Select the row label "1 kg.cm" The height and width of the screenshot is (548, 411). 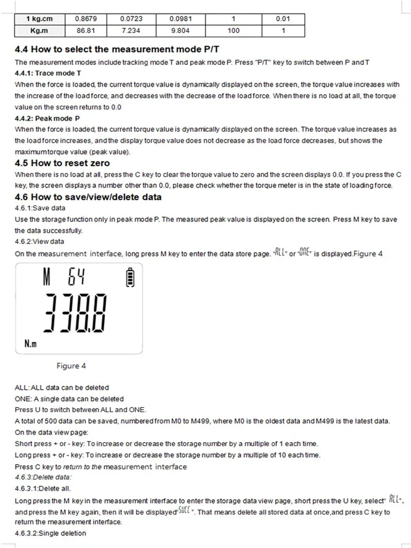coord(39,19)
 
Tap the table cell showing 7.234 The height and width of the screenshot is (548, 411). coord(131,30)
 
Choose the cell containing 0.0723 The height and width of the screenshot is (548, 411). coord(131,19)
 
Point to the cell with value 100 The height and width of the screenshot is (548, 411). coord(233,30)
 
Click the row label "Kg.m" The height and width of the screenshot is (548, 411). coord(39,30)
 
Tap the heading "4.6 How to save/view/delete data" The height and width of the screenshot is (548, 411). coord(88,197)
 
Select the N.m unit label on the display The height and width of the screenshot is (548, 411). coord(30,343)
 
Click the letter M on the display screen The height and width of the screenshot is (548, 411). coord(47,279)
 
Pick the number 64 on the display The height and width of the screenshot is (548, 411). coord(76,279)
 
